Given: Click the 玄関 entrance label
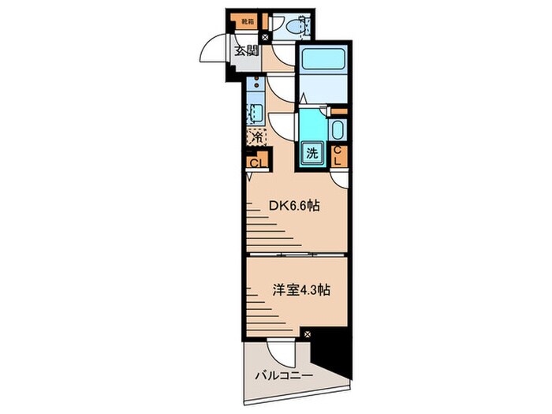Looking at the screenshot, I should tap(246, 51).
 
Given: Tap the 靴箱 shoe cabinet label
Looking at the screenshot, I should tap(248, 21).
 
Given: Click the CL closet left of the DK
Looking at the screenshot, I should tap(255, 163).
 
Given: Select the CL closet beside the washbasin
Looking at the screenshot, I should tap(338, 155).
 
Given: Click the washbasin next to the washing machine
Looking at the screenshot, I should tap(337, 131).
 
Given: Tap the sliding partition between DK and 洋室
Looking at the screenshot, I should tap(296, 255).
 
